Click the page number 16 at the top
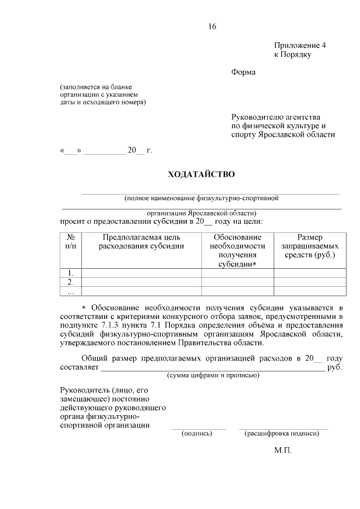click(211, 26)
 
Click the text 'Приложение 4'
click(300, 45)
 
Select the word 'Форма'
click(243, 72)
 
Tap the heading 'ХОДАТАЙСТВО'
click(201, 174)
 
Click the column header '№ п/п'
click(70, 242)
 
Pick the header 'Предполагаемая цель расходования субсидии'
click(141, 242)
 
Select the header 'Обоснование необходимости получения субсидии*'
click(237, 250)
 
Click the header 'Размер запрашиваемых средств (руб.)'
click(309, 246)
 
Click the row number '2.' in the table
click(70, 282)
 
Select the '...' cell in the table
click(70, 291)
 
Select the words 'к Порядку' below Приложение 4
click(292, 55)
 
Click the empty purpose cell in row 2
click(141, 282)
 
